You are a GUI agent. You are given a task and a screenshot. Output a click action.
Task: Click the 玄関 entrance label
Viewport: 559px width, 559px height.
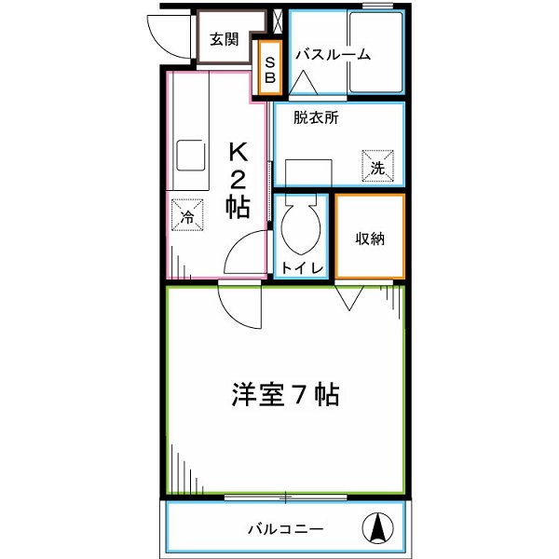click(224, 39)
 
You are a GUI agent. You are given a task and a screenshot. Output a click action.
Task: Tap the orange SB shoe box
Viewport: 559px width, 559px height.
click(270, 66)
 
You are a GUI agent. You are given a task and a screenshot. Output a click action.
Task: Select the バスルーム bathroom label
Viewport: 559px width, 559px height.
click(333, 55)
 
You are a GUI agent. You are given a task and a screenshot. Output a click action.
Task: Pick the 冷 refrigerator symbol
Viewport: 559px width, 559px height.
click(187, 215)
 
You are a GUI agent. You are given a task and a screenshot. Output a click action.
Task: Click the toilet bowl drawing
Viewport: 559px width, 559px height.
click(301, 227)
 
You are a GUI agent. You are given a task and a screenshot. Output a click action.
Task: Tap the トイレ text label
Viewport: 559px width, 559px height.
click(302, 268)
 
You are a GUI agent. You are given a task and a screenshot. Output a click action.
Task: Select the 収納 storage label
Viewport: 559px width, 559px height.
click(370, 238)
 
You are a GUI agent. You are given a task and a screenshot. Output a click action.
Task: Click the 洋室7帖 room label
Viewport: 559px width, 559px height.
click(285, 395)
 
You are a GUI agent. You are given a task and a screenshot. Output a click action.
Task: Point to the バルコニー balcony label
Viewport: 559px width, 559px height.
click(285, 529)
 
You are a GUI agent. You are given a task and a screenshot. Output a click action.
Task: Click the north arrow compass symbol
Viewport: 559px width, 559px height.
click(378, 528)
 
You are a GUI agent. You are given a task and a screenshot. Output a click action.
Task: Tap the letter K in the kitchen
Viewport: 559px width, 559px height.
click(239, 151)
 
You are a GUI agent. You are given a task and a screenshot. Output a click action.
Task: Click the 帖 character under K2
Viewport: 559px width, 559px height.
click(239, 207)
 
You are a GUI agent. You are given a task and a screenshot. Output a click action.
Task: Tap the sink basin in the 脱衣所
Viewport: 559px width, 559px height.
click(308, 173)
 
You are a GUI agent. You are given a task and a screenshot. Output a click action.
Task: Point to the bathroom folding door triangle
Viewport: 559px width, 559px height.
click(304, 85)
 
